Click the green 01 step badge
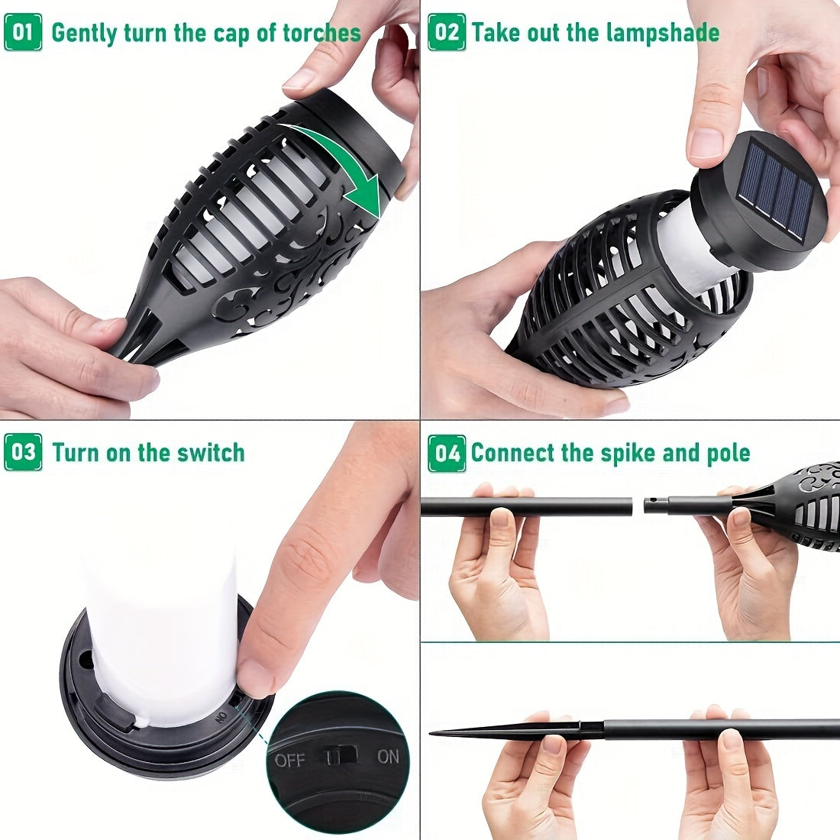[x=23, y=33]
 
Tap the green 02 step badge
[x=447, y=33]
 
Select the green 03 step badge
[x=23, y=453]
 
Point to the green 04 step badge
[x=447, y=453]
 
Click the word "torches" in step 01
[x=321, y=33]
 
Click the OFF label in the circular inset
[x=290, y=760]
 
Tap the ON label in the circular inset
[x=388, y=757]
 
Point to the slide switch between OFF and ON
[x=341, y=756]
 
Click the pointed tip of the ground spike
[x=431, y=733]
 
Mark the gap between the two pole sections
[x=638, y=506]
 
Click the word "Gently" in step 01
[x=84, y=33]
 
